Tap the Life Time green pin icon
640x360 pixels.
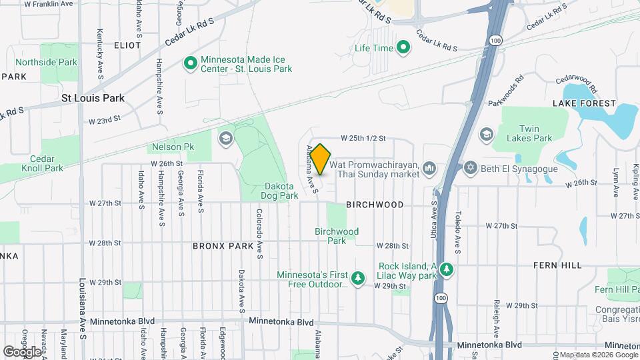[x=403, y=47]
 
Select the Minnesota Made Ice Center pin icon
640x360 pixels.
[x=190, y=63]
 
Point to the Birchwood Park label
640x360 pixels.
[x=337, y=236]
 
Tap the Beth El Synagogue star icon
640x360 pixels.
[x=471, y=167]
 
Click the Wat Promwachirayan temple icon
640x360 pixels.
[x=429, y=167]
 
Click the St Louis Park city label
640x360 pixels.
[x=93, y=98]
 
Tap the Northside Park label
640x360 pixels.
[x=47, y=63]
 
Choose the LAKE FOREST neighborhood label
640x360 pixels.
[x=584, y=103]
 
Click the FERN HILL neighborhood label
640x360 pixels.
[x=559, y=265]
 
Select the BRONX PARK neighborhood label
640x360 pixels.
[x=223, y=245]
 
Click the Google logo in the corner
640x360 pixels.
[x=22, y=351]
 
